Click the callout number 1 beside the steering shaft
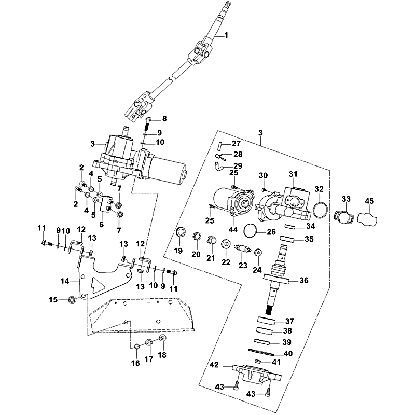[x=226, y=35]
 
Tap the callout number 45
[x=369, y=201]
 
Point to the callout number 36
[x=304, y=281]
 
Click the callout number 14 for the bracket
[x=64, y=281]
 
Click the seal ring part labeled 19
[x=181, y=232]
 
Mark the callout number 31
[x=293, y=174]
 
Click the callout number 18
[x=162, y=355]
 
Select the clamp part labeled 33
[x=343, y=216]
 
